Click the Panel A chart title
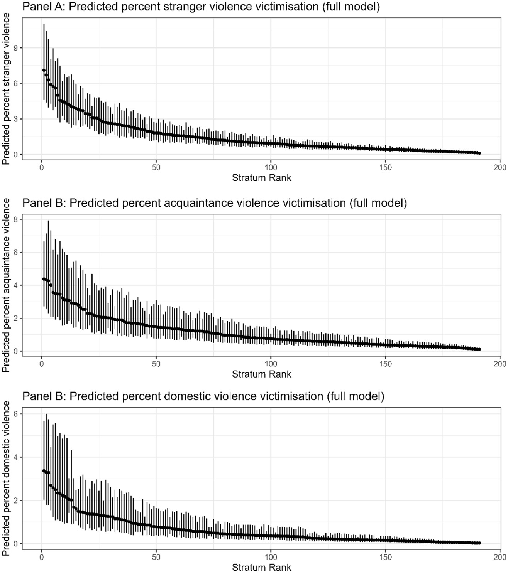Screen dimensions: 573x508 (201, 7)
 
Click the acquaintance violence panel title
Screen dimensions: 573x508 (215, 203)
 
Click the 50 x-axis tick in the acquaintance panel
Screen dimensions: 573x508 (156, 364)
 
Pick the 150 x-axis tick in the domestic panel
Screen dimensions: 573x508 (385, 557)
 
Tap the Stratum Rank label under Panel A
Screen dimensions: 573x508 (261, 178)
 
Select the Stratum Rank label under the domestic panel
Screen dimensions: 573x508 (261, 567)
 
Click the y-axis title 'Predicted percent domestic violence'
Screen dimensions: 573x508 (7, 479)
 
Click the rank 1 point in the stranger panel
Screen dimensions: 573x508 (44, 70)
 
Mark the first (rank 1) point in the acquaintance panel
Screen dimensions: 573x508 (44, 279)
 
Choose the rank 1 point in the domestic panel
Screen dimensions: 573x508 (44, 471)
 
